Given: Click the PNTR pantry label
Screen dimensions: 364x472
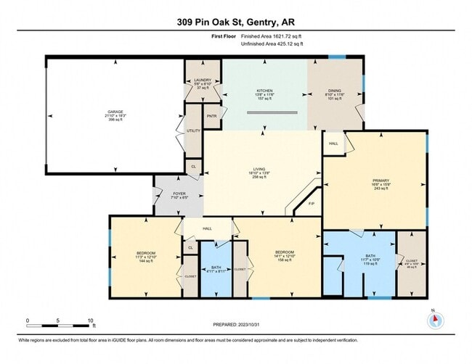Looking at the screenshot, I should pyautogui.click(x=211, y=116).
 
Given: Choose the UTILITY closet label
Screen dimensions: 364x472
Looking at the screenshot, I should pyautogui.click(x=193, y=131).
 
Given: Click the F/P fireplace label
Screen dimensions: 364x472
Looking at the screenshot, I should pyautogui.click(x=312, y=204).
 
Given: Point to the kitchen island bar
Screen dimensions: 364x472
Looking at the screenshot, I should pyautogui.click(x=272, y=112).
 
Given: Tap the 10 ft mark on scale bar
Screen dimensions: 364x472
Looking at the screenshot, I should pyautogui.click(x=91, y=319).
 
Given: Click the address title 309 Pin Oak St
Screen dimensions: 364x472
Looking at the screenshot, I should pyautogui.click(x=235, y=22).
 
